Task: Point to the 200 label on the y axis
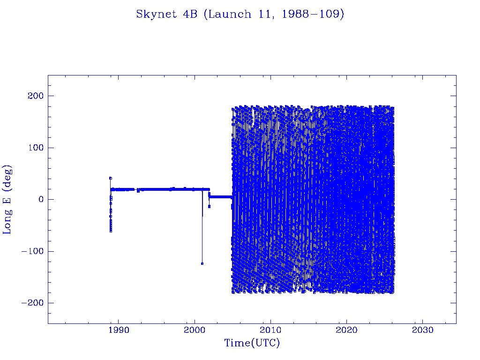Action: click(x=34, y=96)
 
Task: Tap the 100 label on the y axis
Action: click(x=34, y=148)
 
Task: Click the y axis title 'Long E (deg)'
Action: click(x=7, y=199)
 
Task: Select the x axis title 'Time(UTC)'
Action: click(x=252, y=343)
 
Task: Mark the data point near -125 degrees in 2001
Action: click(x=202, y=263)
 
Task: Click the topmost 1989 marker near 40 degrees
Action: click(x=110, y=178)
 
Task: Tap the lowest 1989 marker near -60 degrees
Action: click(x=111, y=231)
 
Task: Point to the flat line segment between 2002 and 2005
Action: click(x=220, y=197)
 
